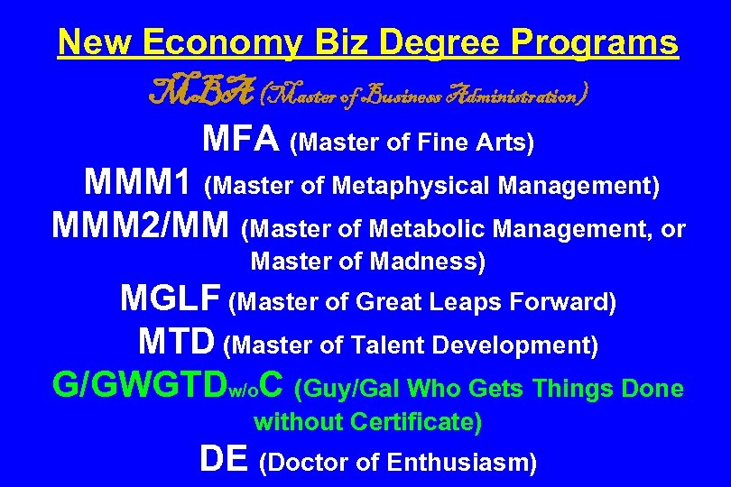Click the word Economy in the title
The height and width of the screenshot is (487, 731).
click(213, 41)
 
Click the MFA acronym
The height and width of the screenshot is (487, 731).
click(240, 140)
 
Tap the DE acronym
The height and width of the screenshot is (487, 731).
click(223, 460)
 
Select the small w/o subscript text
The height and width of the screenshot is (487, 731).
click(245, 392)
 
